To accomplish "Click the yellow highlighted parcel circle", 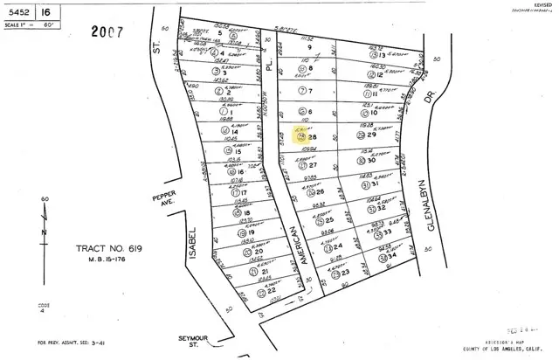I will pyautogui.click(x=302, y=136).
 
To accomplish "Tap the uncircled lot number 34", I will pyautogui.click(x=394, y=257).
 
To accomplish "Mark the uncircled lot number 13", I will pyautogui.click(x=382, y=54).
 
